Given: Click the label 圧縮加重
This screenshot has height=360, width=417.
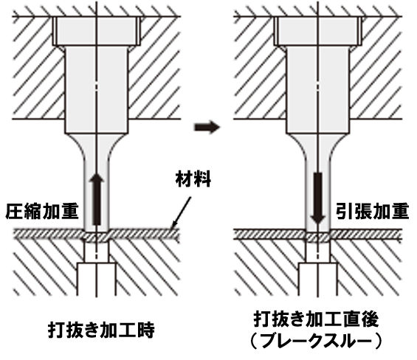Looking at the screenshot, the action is click(42, 212).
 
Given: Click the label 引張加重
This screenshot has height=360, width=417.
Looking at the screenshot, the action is click(372, 212).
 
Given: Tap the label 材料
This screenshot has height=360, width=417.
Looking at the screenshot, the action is click(193, 179).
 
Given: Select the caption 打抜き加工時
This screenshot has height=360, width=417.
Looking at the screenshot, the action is click(101, 330).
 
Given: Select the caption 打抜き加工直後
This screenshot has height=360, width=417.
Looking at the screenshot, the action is click(316, 319).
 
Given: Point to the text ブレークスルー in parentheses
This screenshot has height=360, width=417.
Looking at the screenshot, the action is click(316, 341).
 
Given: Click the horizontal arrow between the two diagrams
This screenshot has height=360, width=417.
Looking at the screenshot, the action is click(207, 127).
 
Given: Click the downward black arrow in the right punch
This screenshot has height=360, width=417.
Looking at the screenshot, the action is click(318, 198).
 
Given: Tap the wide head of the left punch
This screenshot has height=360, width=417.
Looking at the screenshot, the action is click(97, 31).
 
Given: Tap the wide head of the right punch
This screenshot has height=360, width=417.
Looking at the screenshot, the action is click(318, 31).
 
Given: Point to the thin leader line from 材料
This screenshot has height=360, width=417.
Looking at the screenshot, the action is click(181, 212).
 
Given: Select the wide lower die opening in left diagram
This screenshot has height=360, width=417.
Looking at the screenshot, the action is click(97, 280).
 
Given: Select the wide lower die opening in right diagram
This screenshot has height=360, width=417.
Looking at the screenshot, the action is click(318, 280).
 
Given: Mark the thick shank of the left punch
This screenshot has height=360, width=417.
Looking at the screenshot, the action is click(97, 89).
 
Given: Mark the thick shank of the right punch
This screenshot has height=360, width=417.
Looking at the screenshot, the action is click(318, 89).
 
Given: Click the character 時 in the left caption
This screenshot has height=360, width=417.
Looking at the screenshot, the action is click(146, 330).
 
